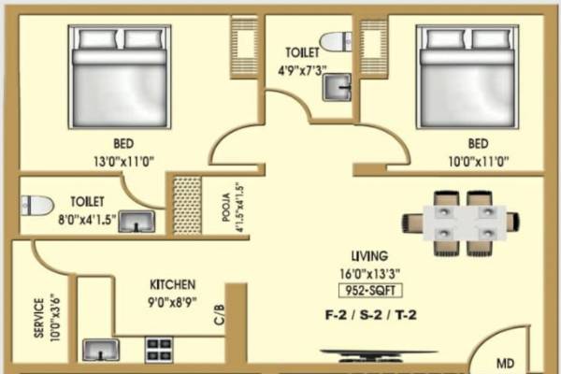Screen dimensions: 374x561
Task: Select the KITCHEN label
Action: [x=173, y=284]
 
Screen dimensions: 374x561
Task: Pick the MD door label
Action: [x=504, y=362]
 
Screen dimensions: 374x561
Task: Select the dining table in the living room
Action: [x=454, y=223]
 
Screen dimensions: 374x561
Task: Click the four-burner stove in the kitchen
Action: [x=158, y=350]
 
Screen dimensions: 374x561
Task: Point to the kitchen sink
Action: [x=101, y=350]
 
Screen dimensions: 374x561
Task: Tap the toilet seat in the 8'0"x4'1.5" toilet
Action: [x=36, y=205]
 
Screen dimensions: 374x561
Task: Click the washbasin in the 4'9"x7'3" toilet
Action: [x=337, y=88]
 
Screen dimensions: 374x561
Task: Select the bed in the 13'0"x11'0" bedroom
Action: [x=119, y=80]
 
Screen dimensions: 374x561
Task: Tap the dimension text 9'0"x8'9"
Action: [x=173, y=301]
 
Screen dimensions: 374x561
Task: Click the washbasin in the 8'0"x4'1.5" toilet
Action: [x=137, y=222]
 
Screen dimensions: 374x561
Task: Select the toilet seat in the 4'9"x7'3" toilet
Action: [x=333, y=41]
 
